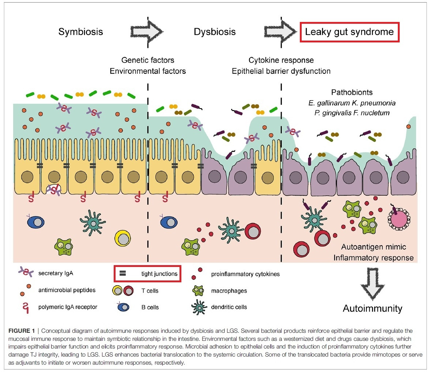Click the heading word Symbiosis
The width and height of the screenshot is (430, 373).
point(80,32)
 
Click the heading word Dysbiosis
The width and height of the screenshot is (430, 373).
point(215,32)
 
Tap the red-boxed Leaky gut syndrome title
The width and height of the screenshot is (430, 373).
point(349,32)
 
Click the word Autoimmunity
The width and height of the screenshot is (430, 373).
point(372,308)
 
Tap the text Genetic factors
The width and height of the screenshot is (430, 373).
point(148,60)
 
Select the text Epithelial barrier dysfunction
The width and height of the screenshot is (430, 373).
point(281,71)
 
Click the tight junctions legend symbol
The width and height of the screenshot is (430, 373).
point(123,273)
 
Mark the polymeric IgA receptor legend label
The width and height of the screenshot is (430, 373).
point(67,307)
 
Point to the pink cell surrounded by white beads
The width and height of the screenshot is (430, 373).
point(398,221)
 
